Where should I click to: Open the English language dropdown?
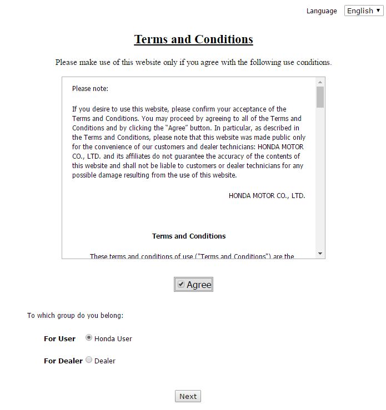coord(364,11)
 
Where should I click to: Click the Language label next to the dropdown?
coord(322,11)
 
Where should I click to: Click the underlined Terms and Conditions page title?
coord(193,39)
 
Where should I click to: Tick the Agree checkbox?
coord(181,284)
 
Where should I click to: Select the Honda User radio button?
coord(89,338)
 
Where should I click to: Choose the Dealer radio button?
coord(89,360)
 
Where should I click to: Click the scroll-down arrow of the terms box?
coord(320,254)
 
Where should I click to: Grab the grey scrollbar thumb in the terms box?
coord(320,97)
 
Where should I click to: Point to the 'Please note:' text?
coord(90,89)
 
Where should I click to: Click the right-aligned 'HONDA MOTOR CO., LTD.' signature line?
coord(267,195)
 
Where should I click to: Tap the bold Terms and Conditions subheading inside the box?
coord(189,236)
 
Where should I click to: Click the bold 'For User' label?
coord(59,338)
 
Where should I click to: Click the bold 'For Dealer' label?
coord(63,361)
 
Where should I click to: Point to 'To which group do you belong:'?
coord(75,316)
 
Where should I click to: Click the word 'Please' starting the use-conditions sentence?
coord(66,62)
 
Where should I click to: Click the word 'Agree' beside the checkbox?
coord(199,285)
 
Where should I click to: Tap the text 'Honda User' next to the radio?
coord(113,338)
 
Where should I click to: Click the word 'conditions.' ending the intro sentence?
coord(314,62)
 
